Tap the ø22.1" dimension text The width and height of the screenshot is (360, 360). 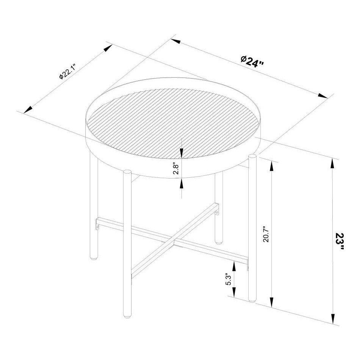click(x=68, y=72)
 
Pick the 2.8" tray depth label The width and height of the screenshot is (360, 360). click(x=175, y=167)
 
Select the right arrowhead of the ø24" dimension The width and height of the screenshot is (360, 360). click(x=322, y=95)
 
